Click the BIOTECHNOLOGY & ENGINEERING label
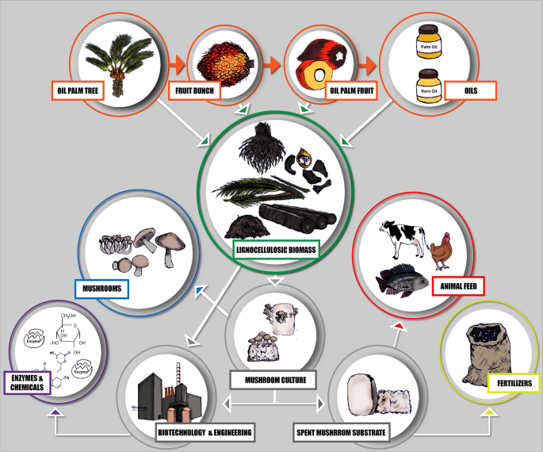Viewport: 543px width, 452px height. (x=205, y=432)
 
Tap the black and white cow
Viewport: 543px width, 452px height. (x=403, y=236)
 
